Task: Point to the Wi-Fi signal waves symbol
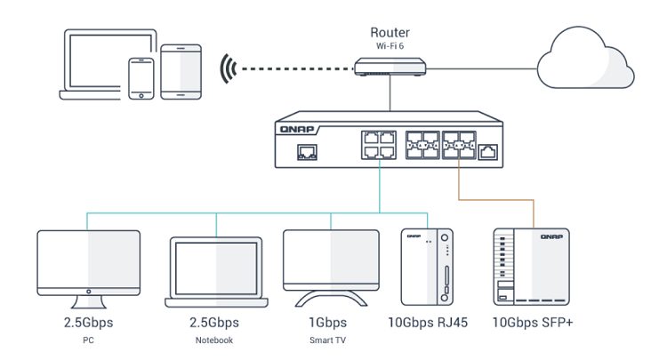point(230,67)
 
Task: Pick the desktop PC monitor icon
point(88,262)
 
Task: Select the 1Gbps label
point(328,323)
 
